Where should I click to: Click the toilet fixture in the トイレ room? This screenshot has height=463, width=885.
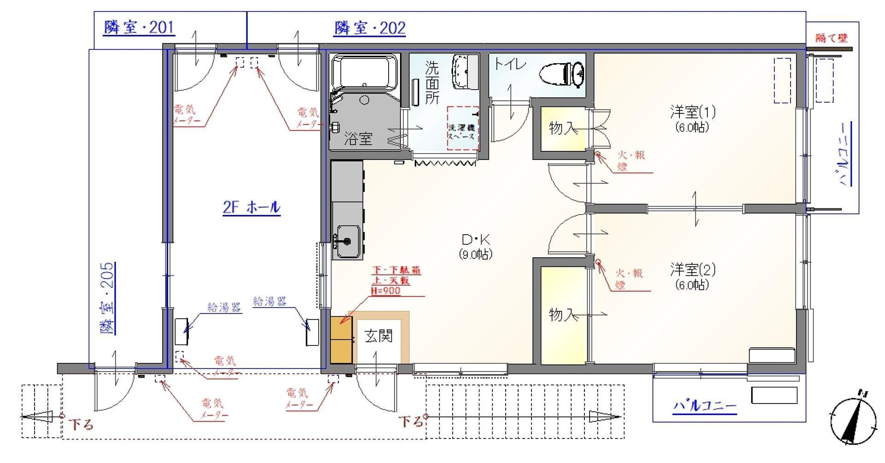click(562, 74)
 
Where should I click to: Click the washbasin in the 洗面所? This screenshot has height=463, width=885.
click(466, 71)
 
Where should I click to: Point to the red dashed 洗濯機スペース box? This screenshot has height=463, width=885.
click(463, 128)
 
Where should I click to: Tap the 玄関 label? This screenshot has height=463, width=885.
click(378, 336)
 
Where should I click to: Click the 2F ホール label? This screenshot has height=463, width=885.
click(251, 208)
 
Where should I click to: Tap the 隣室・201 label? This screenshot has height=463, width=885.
click(139, 28)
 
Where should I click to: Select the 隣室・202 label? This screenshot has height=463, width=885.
click(370, 28)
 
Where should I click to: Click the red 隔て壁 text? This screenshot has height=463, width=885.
click(832, 38)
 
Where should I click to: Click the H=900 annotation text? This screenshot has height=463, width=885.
click(385, 291)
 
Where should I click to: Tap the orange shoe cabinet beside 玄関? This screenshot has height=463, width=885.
click(342, 339)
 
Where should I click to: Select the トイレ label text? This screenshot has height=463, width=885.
click(510, 64)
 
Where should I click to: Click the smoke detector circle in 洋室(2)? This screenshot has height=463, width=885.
click(598, 262)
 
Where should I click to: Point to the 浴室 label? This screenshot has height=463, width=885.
click(358, 139)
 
